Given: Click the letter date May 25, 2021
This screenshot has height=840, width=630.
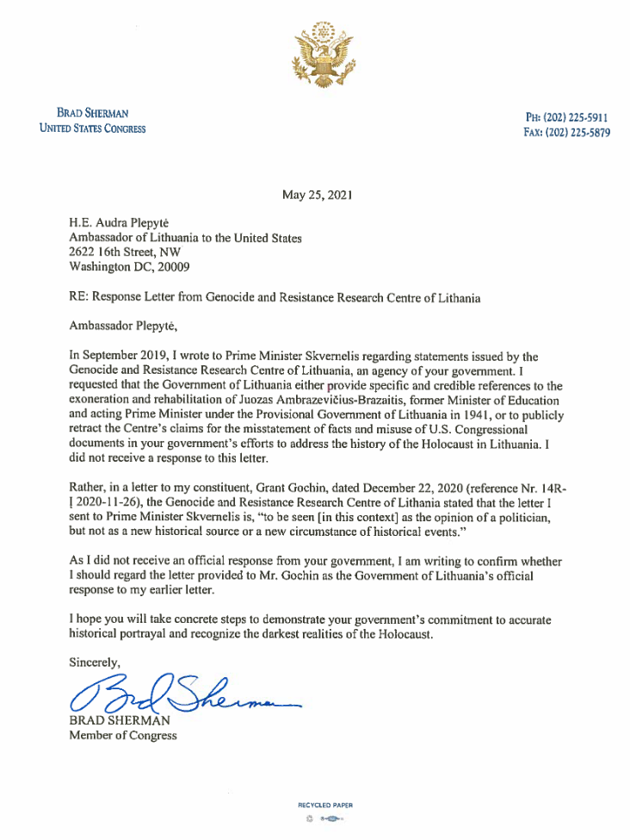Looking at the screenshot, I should click(x=316, y=195).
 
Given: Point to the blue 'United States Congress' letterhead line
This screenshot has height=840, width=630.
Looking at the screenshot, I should click(x=93, y=129).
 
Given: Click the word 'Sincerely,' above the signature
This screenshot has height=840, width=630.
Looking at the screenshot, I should click(x=95, y=661).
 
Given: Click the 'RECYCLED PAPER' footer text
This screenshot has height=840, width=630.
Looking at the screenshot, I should click(x=324, y=806).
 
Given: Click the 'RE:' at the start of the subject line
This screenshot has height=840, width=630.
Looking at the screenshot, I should click(x=78, y=297).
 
